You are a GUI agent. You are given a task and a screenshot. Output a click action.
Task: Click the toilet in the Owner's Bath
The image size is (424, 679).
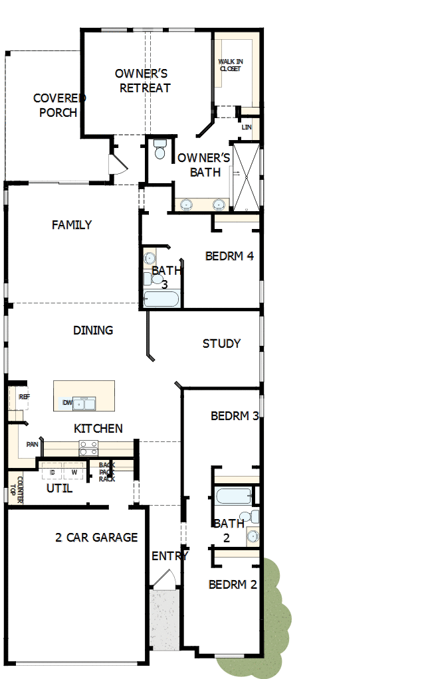(x=159, y=149)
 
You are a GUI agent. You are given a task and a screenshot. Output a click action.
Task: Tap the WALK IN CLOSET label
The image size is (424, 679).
(x=231, y=65)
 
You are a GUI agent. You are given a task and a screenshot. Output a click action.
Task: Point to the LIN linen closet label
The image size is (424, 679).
(x=247, y=127)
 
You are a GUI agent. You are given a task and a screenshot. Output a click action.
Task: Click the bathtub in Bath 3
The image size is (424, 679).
(x=161, y=299)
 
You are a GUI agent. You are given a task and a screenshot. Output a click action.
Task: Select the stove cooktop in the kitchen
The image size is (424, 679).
(x=89, y=448)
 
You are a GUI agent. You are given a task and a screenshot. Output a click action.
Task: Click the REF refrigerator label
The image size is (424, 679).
(x=24, y=397)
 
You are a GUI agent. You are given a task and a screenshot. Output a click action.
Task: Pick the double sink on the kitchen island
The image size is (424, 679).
(x=86, y=403)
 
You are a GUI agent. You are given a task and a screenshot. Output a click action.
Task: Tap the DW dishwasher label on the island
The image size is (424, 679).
(x=68, y=403)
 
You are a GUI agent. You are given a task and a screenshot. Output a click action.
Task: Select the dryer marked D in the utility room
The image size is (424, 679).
(x=52, y=472)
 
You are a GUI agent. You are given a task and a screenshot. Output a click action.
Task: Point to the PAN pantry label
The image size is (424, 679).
(x=32, y=445)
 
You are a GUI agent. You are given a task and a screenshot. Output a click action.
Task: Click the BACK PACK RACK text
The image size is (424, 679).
(x=107, y=472)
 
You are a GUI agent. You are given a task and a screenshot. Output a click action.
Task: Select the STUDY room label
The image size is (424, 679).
(x=221, y=343)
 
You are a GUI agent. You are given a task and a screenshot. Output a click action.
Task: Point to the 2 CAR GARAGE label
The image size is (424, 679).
(x=96, y=538)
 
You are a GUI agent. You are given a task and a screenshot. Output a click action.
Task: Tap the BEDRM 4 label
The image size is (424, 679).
(x=229, y=256)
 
